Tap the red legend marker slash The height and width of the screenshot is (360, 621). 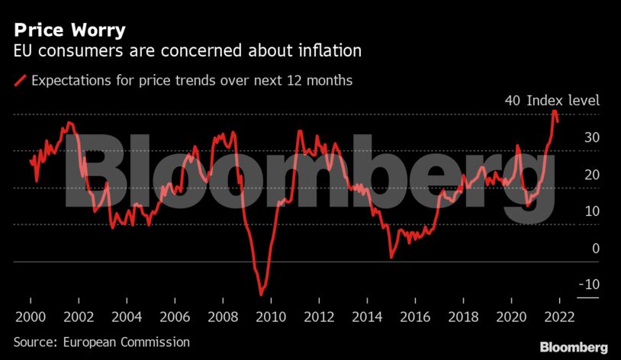20,80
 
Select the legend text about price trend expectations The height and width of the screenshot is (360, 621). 191,80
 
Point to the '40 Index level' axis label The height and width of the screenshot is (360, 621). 552,101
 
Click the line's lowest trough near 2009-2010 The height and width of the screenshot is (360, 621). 261,294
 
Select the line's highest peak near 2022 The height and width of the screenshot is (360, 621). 554,111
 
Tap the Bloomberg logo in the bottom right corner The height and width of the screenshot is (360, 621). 574,347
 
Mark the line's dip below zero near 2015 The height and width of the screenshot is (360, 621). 391,257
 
